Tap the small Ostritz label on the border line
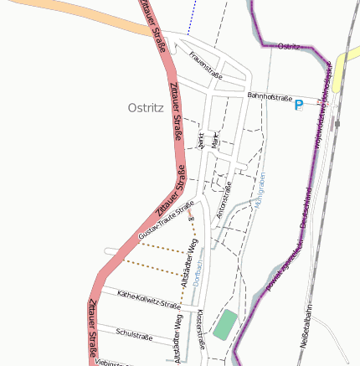point(289,46)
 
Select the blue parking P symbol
point(298,106)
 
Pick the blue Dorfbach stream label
point(198,274)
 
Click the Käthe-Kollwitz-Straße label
point(149,300)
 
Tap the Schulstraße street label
point(134,334)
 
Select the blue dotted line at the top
point(190,17)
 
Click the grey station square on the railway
point(337,122)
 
